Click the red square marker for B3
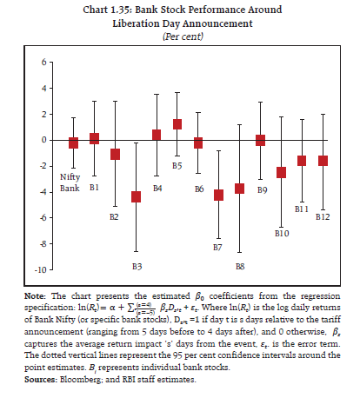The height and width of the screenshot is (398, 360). point(136,196)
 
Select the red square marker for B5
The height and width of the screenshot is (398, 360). point(177,124)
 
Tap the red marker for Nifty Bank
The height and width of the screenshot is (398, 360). point(73,143)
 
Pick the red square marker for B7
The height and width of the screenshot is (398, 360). point(218,195)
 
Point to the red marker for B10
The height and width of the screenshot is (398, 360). point(281,172)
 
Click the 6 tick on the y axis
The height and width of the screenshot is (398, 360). point(39,63)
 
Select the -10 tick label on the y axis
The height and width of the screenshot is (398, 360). point(36,270)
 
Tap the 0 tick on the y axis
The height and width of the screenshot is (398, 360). point(39,140)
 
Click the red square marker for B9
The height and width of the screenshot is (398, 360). point(260,140)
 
